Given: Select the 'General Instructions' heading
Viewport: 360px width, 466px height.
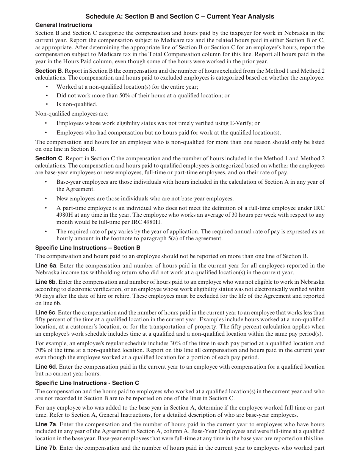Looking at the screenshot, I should (x=64, y=25).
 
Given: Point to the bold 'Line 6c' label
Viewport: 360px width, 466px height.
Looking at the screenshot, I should (x=45, y=313).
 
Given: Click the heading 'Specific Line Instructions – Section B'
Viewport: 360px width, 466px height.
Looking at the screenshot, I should (x=88, y=248).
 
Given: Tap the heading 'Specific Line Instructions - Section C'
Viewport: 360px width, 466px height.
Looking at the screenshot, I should (x=87, y=383).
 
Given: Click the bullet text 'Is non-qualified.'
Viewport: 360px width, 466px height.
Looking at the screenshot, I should (x=77, y=104).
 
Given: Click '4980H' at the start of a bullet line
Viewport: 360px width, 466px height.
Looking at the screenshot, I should (x=65, y=215).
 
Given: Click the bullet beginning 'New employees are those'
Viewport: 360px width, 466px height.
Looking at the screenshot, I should (x=145, y=199).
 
